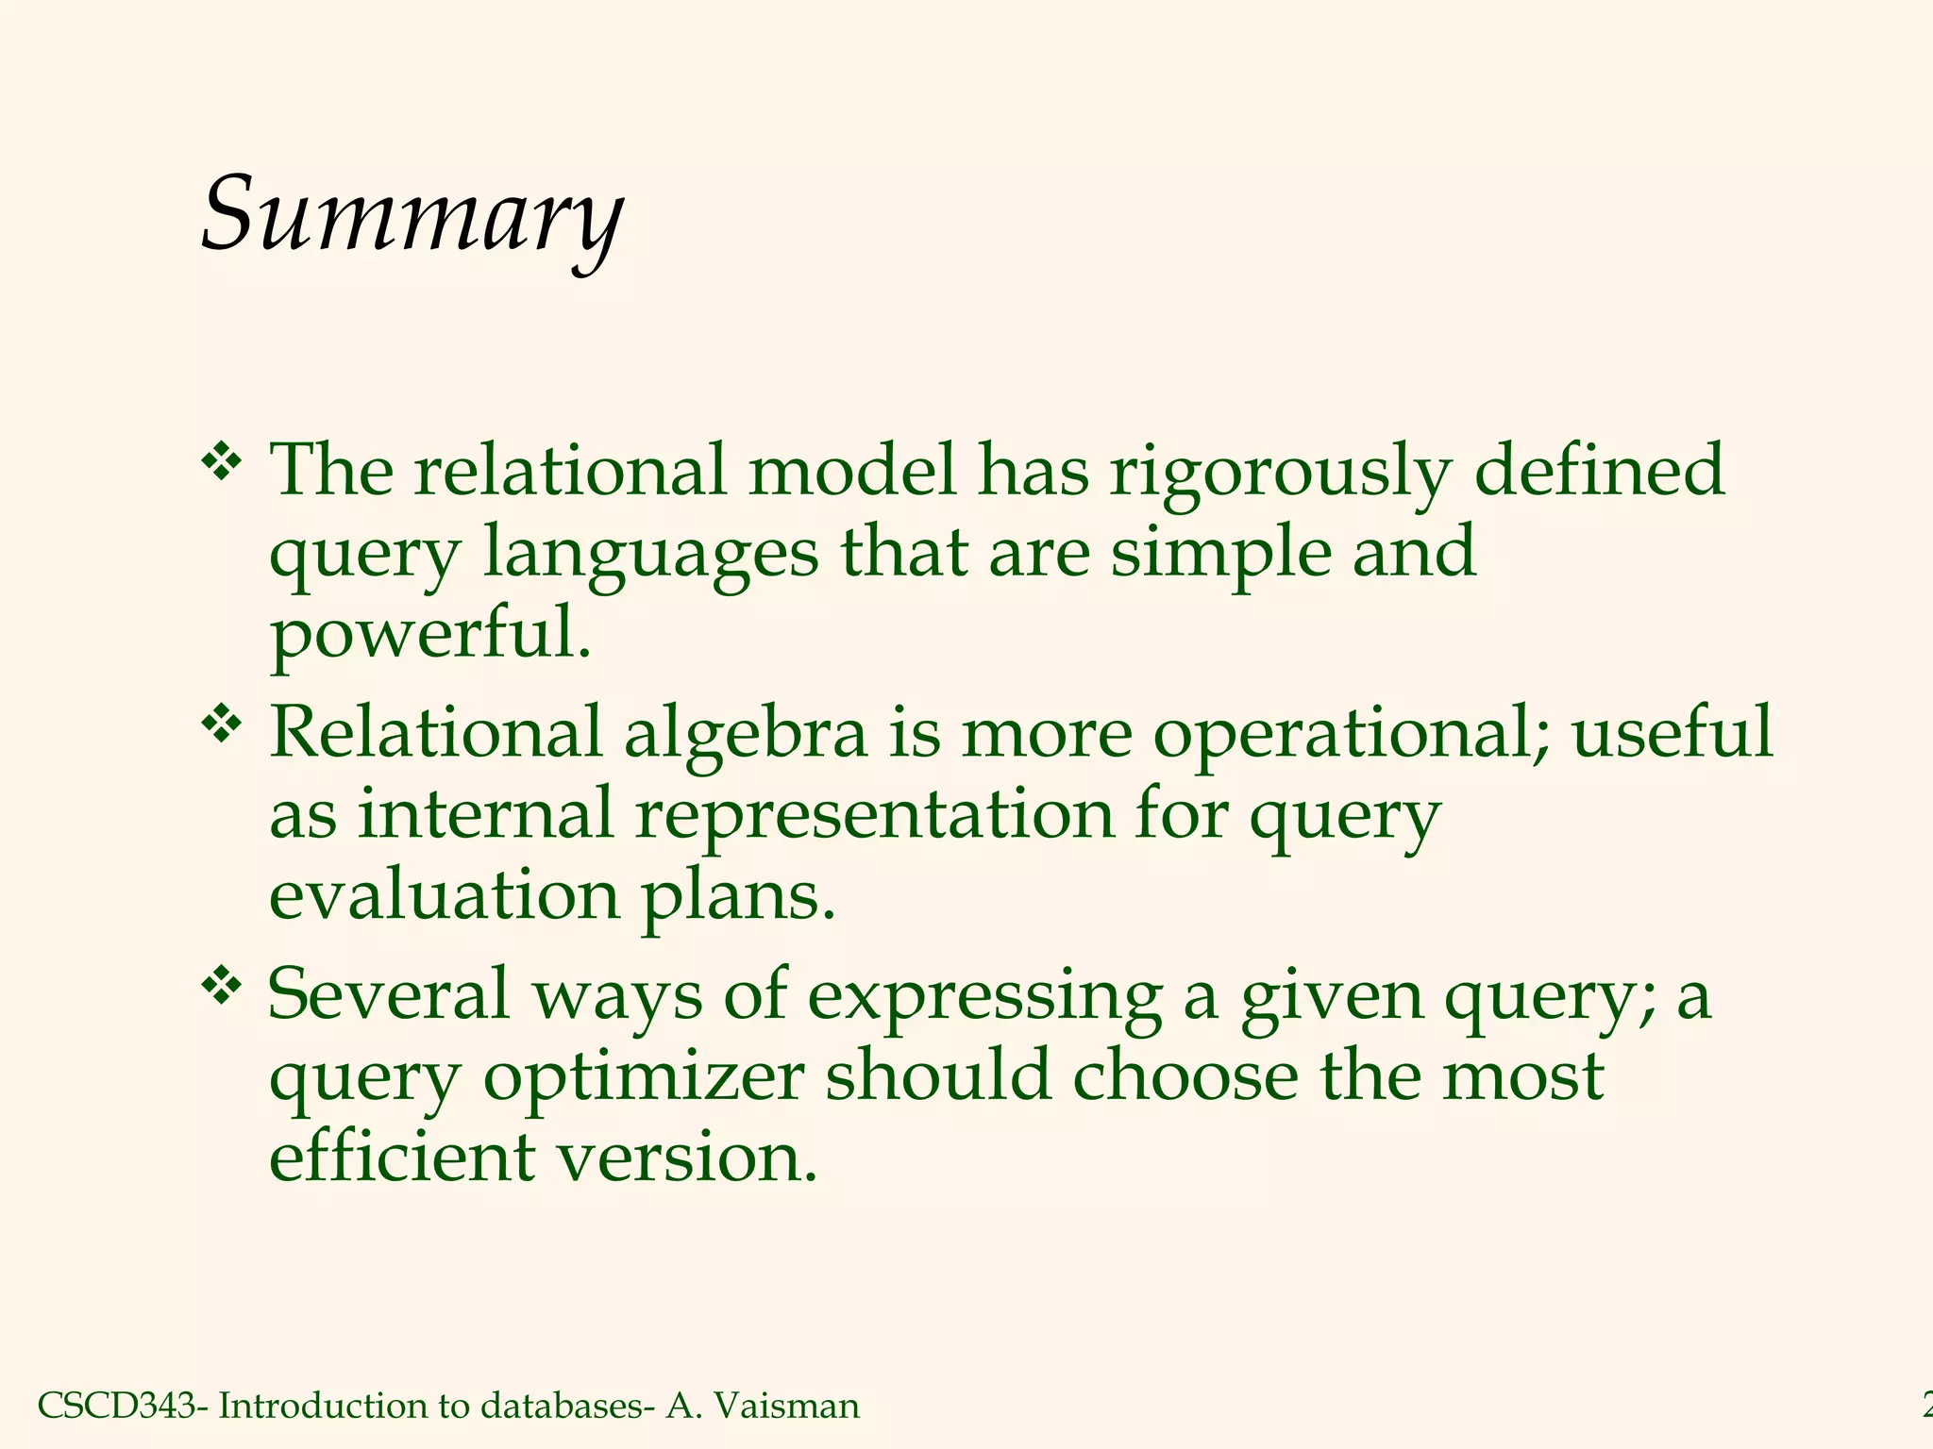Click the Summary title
412,215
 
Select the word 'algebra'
745,734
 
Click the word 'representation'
875,815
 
